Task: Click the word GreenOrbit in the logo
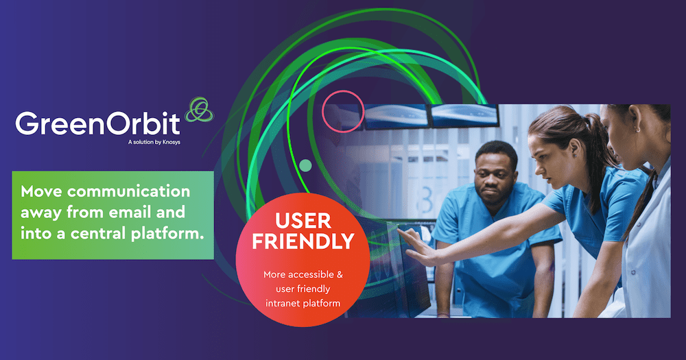pos(97,123)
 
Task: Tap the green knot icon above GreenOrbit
pos(200,110)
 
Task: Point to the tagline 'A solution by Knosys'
pos(154,142)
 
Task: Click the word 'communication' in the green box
pos(129,191)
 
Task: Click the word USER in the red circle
pos(303,221)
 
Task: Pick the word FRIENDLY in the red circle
pos(303,241)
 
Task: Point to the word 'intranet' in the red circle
pos(282,304)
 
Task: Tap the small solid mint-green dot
pos(305,165)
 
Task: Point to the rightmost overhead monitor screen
pos(464,115)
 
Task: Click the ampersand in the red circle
pos(340,275)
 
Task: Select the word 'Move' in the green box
pos(41,191)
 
